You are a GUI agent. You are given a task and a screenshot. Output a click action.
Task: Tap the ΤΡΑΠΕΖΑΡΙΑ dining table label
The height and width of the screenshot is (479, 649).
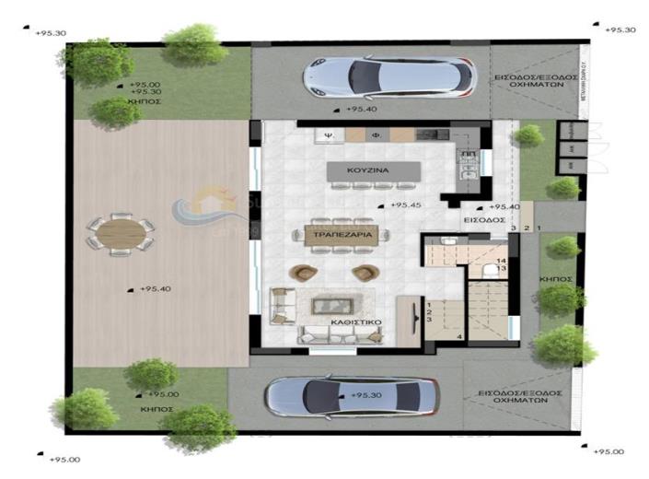(x=342, y=235)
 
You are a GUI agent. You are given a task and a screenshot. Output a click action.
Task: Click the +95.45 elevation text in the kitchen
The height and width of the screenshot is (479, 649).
(x=405, y=205)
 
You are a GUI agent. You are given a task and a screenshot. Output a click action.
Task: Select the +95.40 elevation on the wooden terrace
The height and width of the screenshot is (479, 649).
(x=156, y=288)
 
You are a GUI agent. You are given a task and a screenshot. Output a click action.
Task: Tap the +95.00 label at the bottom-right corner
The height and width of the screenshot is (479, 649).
(x=607, y=451)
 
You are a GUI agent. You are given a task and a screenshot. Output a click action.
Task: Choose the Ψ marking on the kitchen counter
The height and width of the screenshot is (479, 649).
(x=328, y=134)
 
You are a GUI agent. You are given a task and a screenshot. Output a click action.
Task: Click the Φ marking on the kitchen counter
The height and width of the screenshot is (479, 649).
(x=375, y=134)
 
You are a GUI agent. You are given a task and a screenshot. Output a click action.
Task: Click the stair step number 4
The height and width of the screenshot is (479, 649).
(x=458, y=337)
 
